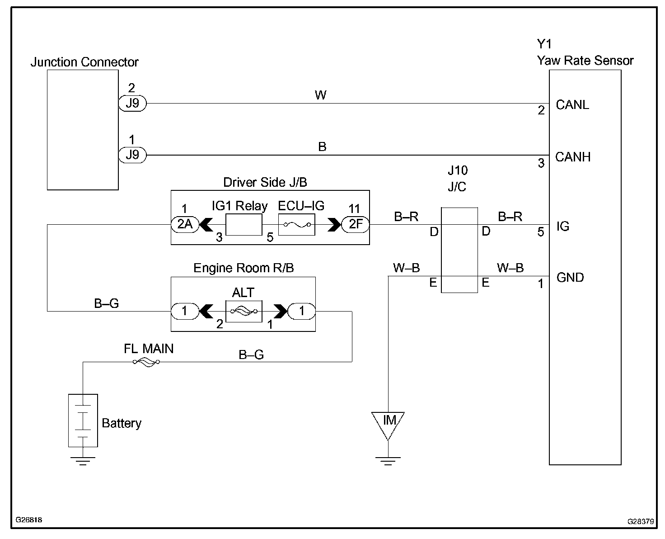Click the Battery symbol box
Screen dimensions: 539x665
pyautogui.click(x=83, y=420)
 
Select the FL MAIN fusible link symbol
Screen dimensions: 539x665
pyautogui.click(x=146, y=362)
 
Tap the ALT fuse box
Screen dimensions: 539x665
pyautogui.click(x=244, y=311)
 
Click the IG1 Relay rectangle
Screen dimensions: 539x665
pyautogui.click(x=244, y=225)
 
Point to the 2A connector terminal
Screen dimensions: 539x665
pyautogui.click(x=185, y=224)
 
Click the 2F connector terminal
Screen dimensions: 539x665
pyautogui.click(x=356, y=224)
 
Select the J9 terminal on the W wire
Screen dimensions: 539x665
pyautogui.click(x=132, y=104)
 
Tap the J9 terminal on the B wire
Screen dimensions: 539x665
pyautogui.click(x=132, y=155)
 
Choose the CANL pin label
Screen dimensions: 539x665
pyautogui.click(x=572, y=105)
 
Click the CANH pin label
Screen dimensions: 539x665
pyautogui.click(x=573, y=157)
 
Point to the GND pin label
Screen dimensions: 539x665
pyautogui.click(x=570, y=277)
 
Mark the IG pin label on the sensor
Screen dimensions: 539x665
pyautogui.click(x=563, y=226)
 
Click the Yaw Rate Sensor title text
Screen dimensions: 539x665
pyautogui.click(x=585, y=61)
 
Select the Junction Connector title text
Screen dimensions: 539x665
pyautogui.click(x=84, y=62)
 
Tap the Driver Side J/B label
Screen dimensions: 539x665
pyautogui.click(x=265, y=182)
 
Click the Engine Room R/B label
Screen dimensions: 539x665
pyautogui.click(x=244, y=268)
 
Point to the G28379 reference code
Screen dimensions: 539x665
pyautogui.click(x=641, y=521)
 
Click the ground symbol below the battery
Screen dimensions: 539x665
pyautogui.click(x=83, y=461)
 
